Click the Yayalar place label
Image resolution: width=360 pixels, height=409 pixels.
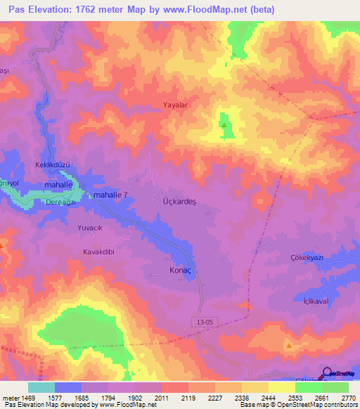point(176,105)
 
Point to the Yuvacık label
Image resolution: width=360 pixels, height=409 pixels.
point(91,228)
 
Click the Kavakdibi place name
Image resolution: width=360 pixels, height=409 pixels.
point(98,251)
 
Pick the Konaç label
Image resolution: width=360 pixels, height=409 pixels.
point(181,270)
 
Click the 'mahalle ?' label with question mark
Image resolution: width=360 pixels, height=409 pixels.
point(110,195)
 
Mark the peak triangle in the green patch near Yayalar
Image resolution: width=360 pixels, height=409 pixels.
point(224,125)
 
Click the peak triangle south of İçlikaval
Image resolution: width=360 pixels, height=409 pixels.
point(288,345)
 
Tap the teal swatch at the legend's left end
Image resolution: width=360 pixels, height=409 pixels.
point(41,387)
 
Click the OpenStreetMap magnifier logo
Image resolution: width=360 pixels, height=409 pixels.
point(327,373)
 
